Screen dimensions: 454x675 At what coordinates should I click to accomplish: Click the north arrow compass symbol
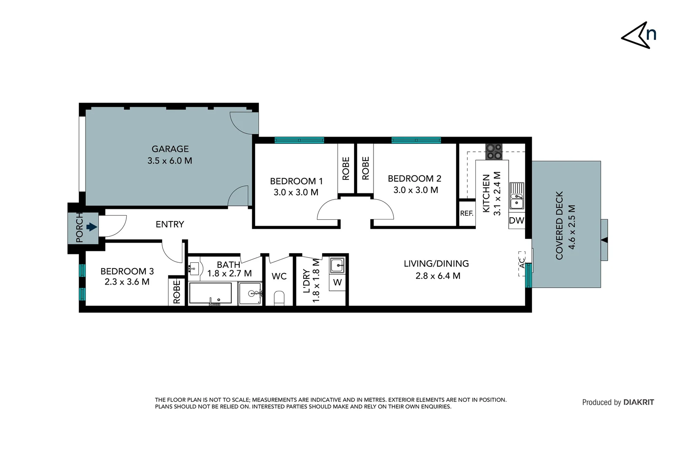(638, 36)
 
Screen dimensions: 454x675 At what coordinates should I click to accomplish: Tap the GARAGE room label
(170, 149)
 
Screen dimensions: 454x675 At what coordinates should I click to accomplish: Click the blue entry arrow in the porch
(91, 227)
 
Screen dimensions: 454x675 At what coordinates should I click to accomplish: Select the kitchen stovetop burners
(494, 152)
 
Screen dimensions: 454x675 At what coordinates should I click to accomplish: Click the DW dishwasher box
(516, 221)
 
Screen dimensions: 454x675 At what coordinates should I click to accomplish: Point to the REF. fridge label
(467, 214)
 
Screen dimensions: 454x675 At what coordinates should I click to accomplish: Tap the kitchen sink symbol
(516, 196)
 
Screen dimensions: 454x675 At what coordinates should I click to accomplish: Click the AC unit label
(522, 263)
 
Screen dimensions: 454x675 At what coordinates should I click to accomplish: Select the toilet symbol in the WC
(279, 298)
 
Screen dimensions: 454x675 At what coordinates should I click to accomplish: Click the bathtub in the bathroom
(210, 293)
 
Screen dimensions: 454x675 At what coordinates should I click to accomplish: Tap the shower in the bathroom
(250, 293)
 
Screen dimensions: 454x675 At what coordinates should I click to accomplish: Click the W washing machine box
(337, 282)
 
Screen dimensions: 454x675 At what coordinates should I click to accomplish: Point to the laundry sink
(337, 265)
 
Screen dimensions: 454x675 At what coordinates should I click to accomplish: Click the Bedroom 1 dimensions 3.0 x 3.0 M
(296, 193)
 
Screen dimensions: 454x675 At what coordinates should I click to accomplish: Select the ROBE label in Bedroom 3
(177, 291)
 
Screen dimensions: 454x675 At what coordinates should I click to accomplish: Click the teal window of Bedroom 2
(416, 140)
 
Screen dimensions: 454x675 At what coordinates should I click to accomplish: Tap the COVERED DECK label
(559, 225)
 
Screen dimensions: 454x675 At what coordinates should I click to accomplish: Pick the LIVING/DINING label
(436, 264)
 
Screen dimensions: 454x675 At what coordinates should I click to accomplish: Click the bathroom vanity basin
(195, 267)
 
